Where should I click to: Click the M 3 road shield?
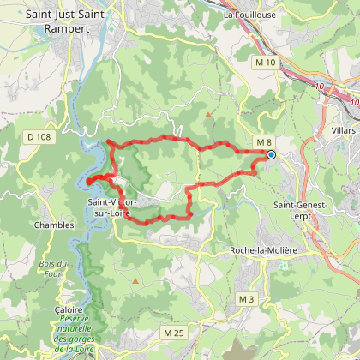[x=247, y=298]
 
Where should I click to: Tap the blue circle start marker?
[x=271, y=155]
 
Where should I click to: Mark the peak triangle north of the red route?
[x=207, y=112]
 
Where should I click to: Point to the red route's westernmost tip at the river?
[x=88, y=181]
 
